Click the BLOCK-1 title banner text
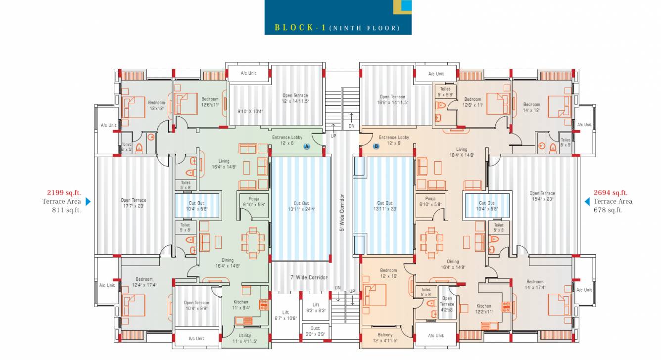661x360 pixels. [337, 28]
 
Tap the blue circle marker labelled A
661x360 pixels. [306, 146]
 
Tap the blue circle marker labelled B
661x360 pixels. [376, 146]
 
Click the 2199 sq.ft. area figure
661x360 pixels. [64, 193]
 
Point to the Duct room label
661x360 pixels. [315, 331]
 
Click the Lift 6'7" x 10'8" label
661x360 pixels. [285, 315]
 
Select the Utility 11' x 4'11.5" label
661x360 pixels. [244, 338]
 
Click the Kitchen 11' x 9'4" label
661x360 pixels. [241, 305]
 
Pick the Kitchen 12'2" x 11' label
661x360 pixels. [484, 309]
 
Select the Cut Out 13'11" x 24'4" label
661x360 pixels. [301, 206]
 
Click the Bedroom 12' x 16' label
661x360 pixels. [388, 273]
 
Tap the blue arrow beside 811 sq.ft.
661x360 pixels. [88, 201]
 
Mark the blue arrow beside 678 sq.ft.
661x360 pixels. [587, 201]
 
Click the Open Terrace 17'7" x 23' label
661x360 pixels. [134, 203]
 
